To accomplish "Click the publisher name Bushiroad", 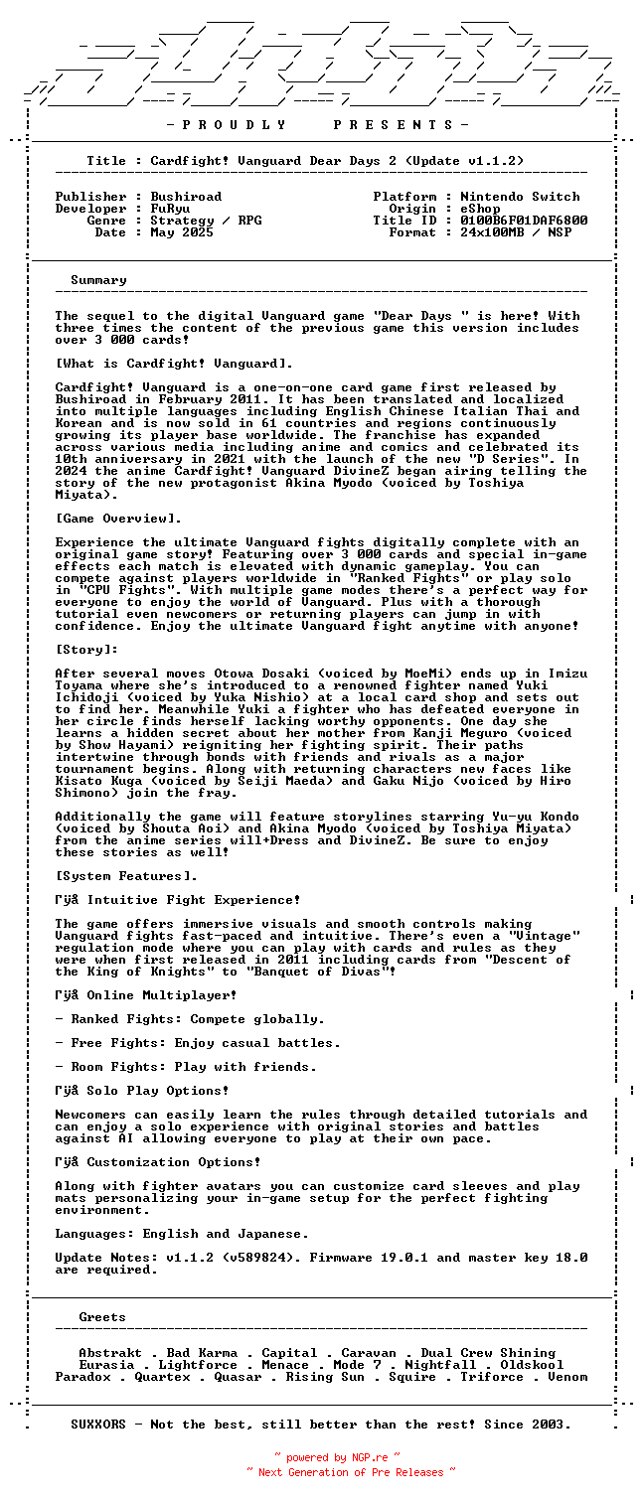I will tap(186, 197).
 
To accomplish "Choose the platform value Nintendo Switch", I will tap(520, 197).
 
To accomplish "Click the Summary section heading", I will tap(98, 280).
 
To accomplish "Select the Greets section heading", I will tap(102, 1317).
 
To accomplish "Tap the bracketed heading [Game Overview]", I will tap(118, 519).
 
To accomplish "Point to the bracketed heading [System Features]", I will tap(126, 876).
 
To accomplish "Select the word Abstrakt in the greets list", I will tap(110, 1353).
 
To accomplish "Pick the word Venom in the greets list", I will tap(567, 1377).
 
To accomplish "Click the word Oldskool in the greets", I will tap(532, 1365).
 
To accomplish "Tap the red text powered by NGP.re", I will tap(337, 1458).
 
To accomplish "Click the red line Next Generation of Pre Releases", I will tap(351, 1472).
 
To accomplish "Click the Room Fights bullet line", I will tap(186, 1067).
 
